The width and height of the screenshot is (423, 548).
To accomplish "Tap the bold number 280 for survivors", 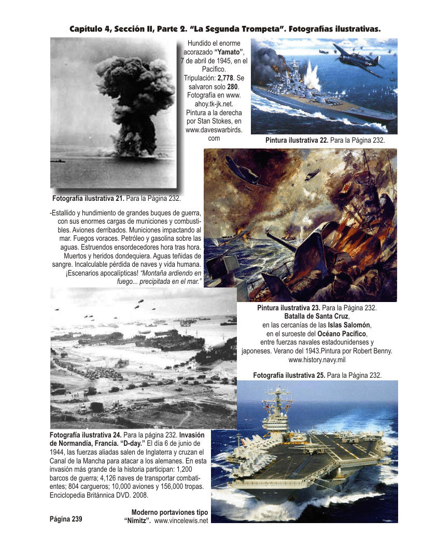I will [232, 86].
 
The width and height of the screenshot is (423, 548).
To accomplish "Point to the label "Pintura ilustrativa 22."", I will [297, 140].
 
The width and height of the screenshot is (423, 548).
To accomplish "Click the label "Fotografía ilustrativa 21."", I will [88, 198].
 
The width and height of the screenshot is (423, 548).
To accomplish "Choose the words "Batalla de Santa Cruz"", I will [317, 316].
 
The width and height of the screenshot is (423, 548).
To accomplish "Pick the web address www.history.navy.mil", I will [317, 360].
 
